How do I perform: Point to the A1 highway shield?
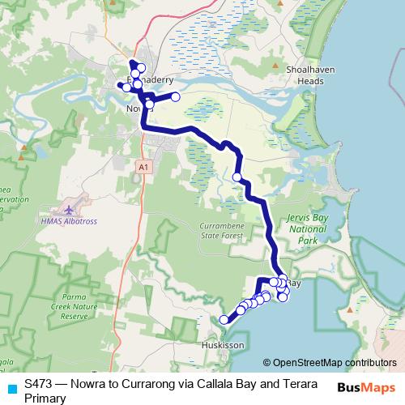[143, 165]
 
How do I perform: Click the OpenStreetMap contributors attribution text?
[329, 364]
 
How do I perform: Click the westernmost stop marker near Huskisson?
[224, 320]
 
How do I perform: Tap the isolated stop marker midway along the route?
[237, 177]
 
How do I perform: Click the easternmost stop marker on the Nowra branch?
[175, 97]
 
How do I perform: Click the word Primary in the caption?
[46, 397]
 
